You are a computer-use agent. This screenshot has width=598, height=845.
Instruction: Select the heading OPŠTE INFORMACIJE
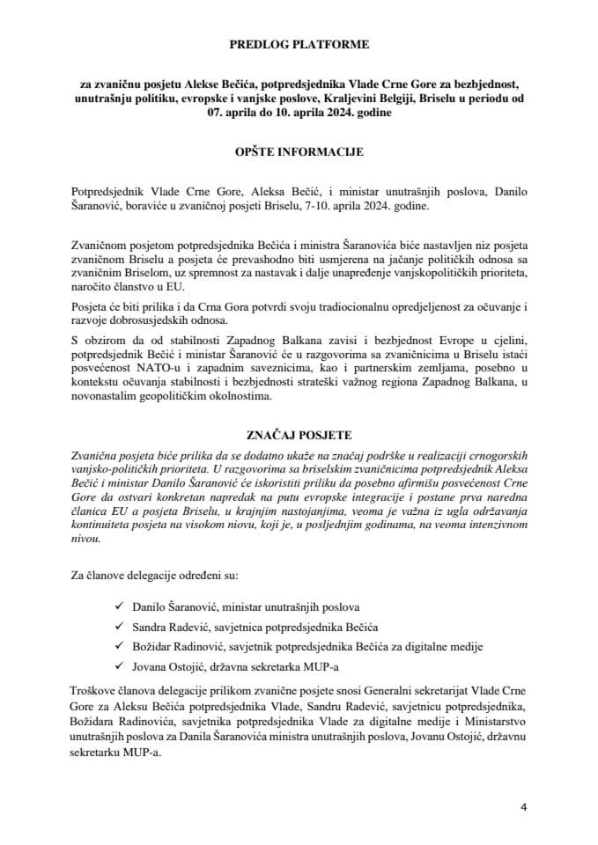click(x=299, y=151)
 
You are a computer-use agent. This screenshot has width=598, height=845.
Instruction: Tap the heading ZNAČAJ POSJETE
click(x=299, y=434)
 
